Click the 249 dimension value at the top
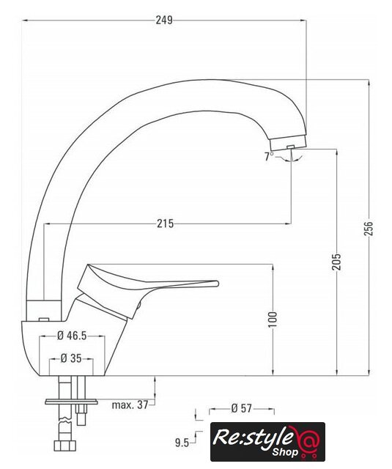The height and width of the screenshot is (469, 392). click(x=164, y=20)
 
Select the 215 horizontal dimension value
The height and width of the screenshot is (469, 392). click(x=165, y=224)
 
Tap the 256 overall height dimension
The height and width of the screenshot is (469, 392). click(x=369, y=229)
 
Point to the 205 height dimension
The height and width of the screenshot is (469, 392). click(x=337, y=262)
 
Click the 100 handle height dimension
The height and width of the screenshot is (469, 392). click(x=273, y=320)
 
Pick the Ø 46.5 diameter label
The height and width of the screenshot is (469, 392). click(x=72, y=336)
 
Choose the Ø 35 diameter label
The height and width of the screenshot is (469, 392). click(x=71, y=358)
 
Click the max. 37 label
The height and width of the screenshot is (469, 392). click(x=130, y=405)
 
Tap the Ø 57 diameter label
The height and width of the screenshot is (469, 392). click(x=242, y=408)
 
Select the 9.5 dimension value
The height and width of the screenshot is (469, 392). click(x=182, y=443)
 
